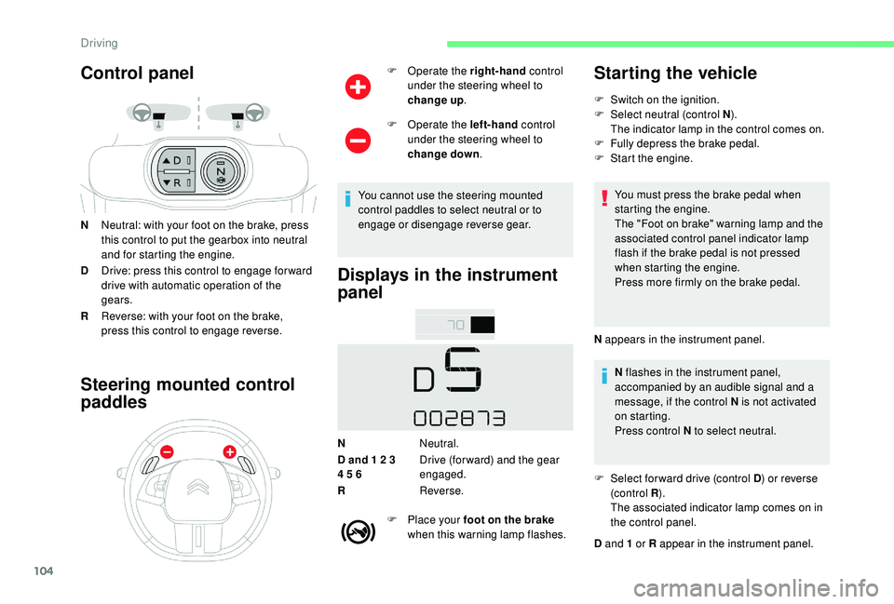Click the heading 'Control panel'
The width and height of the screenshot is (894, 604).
pyautogui.click(x=137, y=73)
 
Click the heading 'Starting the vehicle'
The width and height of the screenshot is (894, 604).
pyautogui.click(x=675, y=73)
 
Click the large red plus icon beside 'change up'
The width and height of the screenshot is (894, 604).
pyautogui.click(x=358, y=87)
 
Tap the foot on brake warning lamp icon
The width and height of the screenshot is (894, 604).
pyautogui.click(x=358, y=531)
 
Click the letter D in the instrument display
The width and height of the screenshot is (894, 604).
pyautogui.click(x=423, y=380)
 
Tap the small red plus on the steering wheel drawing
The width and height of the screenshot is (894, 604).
pyautogui.click(x=227, y=451)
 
